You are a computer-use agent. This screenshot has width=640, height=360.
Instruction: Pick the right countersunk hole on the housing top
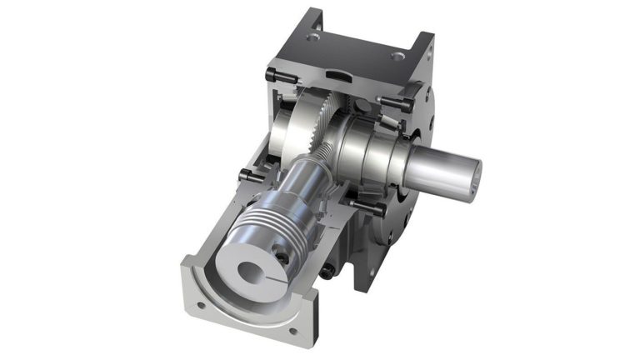coord(396,57)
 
